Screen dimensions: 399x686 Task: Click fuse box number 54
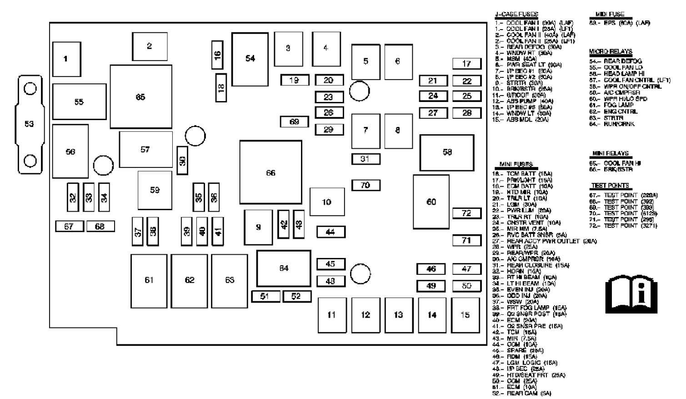point(250,59)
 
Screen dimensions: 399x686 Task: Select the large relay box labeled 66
point(270,172)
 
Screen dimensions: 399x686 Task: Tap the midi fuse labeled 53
point(30,124)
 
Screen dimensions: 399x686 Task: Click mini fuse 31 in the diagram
point(366,159)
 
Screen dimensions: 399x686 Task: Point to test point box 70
point(366,185)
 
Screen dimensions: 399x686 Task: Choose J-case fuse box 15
point(465,315)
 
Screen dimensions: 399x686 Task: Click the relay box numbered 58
point(447,152)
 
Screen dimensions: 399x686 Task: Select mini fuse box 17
point(466,64)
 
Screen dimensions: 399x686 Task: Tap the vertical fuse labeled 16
point(218,54)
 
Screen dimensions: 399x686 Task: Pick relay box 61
point(149,281)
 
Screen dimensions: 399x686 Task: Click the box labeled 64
point(284,268)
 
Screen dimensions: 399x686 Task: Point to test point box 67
point(69,226)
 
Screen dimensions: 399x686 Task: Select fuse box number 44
point(330,232)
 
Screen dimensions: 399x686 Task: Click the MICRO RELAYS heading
point(611,52)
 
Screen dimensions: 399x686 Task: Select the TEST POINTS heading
point(610,186)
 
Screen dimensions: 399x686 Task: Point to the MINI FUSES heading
point(516,164)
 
